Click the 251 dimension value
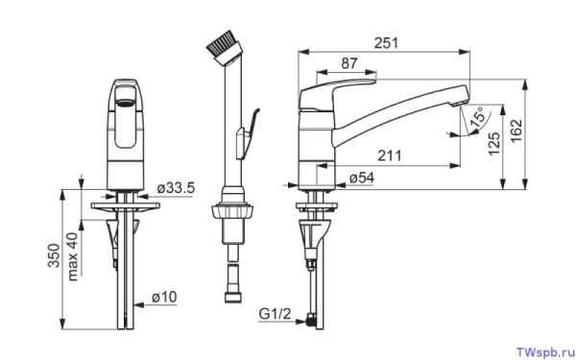pos(386,43)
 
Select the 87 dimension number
pos(349,63)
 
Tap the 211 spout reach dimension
pos(390,156)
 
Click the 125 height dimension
pos(494,144)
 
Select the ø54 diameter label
pos(362,179)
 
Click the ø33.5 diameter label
pos(176,188)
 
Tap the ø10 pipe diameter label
pos(164,297)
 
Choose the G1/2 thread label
pos(275,314)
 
